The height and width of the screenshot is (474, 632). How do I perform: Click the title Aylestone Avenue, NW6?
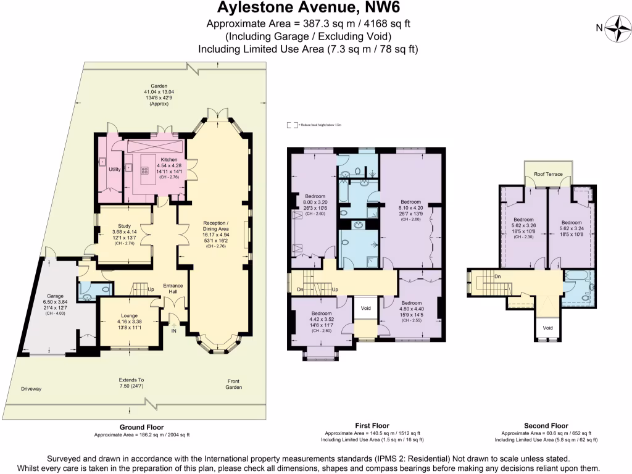(x=316, y=9)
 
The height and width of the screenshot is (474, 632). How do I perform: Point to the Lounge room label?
(x=129, y=315)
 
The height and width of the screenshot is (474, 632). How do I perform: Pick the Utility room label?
(x=115, y=169)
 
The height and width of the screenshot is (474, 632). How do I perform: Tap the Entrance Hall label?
(x=174, y=289)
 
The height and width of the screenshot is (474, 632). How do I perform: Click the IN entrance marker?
(x=173, y=331)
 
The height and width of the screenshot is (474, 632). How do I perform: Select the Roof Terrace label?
(x=548, y=175)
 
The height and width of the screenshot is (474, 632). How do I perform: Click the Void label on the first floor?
(x=365, y=307)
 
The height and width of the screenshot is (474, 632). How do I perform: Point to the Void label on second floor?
(x=548, y=328)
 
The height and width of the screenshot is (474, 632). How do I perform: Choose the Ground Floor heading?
(x=141, y=427)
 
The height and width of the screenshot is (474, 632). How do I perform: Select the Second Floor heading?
(x=546, y=426)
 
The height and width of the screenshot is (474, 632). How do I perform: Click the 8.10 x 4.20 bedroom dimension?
(x=410, y=208)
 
